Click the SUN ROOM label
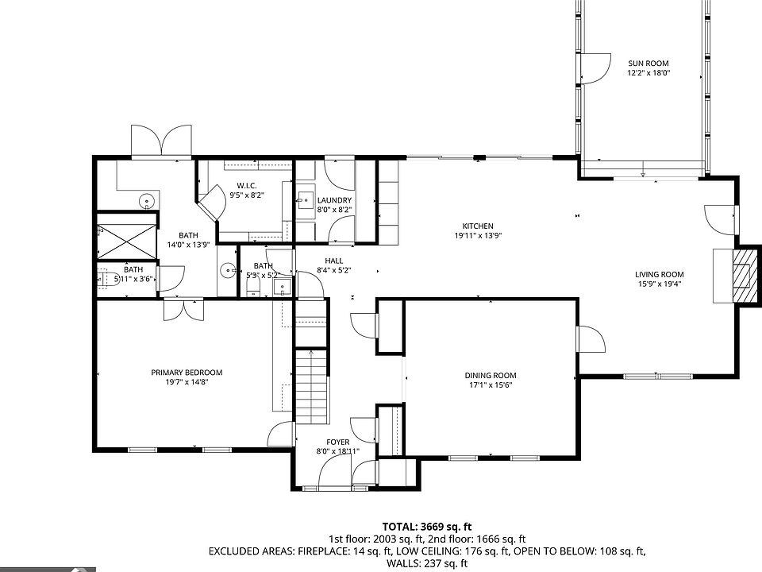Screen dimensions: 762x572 [x=648, y=64]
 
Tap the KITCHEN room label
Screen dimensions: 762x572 [x=478, y=226]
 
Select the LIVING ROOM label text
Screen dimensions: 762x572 [x=660, y=274]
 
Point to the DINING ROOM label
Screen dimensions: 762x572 [x=491, y=376]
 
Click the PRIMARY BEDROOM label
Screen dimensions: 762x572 [x=187, y=373]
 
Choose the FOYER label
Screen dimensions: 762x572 [x=338, y=443]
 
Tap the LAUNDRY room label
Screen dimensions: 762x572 [x=334, y=200]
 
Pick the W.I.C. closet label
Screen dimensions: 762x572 [x=247, y=186]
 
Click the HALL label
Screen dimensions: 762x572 [x=334, y=261]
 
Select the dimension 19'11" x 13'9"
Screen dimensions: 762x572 [x=478, y=236]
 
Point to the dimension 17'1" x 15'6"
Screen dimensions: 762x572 [x=491, y=385]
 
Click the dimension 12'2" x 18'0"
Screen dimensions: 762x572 [x=648, y=73]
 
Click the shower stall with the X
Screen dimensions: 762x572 [x=127, y=242]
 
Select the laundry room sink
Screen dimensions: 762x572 [x=306, y=200]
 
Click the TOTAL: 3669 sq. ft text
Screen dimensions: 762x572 [x=427, y=527]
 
